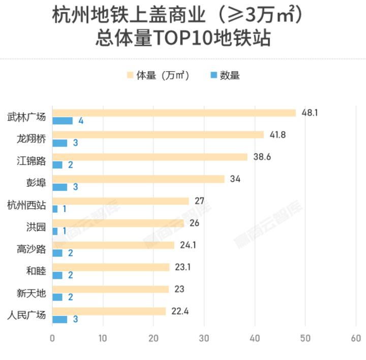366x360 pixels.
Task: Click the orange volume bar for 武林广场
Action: pos(174,113)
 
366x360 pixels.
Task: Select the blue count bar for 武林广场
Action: pos(63,121)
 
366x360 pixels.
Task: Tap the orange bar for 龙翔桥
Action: pos(158,135)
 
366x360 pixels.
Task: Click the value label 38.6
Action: pos(262,157)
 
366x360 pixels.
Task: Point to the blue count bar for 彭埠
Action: pos(60,187)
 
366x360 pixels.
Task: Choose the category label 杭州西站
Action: pos(26,206)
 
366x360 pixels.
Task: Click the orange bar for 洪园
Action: pos(118,223)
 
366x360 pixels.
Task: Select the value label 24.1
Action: pos(188,245)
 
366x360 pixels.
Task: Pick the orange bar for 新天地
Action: pos(110,289)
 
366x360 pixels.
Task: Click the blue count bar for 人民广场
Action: pos(60,319)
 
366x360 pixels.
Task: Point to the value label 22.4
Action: pos(180,311)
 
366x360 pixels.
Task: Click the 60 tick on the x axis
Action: pos(355,339)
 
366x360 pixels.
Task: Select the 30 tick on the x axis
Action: pos(204,339)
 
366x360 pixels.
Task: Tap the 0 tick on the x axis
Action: pos(52,339)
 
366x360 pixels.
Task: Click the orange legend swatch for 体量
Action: pos(130,76)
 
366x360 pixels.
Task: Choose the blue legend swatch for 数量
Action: pos(213,76)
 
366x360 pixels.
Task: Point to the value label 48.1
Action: pos(310,113)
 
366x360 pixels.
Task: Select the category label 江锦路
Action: pos(31,161)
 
